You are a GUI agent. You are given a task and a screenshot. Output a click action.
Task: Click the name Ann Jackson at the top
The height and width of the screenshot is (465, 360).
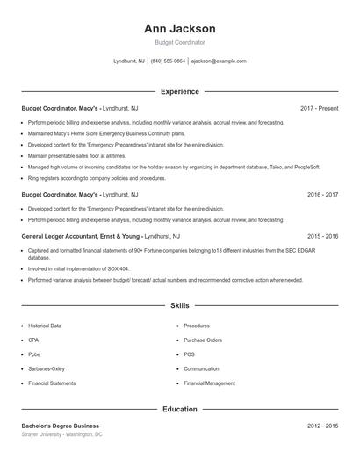[179, 28]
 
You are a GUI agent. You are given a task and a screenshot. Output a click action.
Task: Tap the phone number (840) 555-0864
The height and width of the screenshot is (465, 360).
[168, 61]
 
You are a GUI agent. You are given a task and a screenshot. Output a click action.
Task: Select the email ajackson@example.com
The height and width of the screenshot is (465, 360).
[219, 61]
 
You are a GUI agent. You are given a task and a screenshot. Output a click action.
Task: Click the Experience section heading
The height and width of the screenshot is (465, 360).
[179, 91]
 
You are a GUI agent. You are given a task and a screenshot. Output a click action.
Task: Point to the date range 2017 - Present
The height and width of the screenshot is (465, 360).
[319, 108]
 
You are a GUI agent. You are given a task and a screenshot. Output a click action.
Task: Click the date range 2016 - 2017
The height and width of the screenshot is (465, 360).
[322, 194]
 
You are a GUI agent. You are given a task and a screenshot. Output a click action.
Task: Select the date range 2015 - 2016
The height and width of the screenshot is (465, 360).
[322, 236]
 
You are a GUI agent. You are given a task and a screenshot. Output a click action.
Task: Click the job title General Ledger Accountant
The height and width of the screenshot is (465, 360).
[59, 236]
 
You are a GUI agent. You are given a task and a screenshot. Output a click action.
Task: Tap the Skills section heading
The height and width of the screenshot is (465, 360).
[179, 305]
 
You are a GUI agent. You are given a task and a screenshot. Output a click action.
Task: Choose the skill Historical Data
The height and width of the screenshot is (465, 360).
[45, 325]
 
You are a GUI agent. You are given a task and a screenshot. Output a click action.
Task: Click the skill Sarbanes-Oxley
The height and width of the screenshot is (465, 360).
[47, 369]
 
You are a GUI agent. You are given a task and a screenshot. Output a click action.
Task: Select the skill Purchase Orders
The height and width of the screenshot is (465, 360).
[203, 340]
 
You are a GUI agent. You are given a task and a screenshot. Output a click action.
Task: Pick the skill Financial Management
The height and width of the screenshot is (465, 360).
[209, 383]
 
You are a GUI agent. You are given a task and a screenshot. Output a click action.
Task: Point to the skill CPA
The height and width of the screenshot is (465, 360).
[33, 340]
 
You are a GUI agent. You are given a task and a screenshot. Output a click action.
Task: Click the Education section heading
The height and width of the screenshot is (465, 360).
[179, 409]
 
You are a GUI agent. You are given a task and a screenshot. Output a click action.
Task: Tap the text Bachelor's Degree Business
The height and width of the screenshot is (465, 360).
[61, 426]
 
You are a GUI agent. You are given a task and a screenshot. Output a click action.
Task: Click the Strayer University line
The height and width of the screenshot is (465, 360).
[61, 434]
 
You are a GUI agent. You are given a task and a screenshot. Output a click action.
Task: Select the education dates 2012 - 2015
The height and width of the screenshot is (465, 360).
[322, 426]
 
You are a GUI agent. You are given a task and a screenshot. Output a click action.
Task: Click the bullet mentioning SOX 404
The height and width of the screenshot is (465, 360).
[78, 268]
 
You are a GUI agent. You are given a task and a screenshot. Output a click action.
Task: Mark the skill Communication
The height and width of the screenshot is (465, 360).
[201, 369]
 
